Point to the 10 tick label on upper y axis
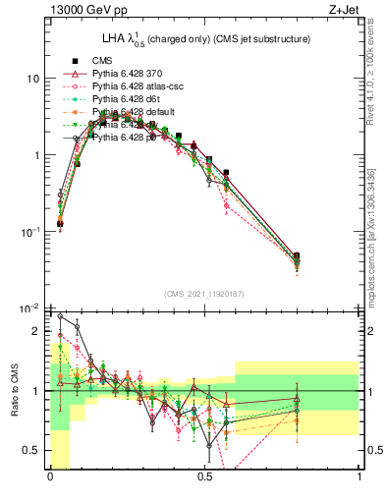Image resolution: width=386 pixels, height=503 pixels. [32, 79]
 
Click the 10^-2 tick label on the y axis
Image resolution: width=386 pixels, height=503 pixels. [29, 309]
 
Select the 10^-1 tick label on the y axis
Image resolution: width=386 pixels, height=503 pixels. [29, 233]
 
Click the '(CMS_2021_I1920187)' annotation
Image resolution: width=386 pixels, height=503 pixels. [204, 294]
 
